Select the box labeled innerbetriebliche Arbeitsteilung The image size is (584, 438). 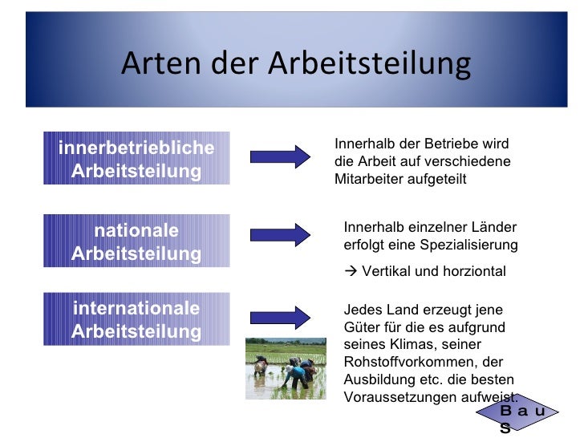pos(136,160)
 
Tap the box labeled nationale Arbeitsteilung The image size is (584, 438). pos(136,242)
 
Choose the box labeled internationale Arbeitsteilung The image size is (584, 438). pos(136,320)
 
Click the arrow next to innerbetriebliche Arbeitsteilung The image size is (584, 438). pos(280,156)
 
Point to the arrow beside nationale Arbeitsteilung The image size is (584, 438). pos(280,233)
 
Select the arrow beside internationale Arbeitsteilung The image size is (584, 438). pos(280,316)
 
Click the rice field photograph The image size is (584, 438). pos(285,367)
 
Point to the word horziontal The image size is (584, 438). pos(473,271)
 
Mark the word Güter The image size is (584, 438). pos(360,326)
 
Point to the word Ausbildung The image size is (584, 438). pos(377,379)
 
